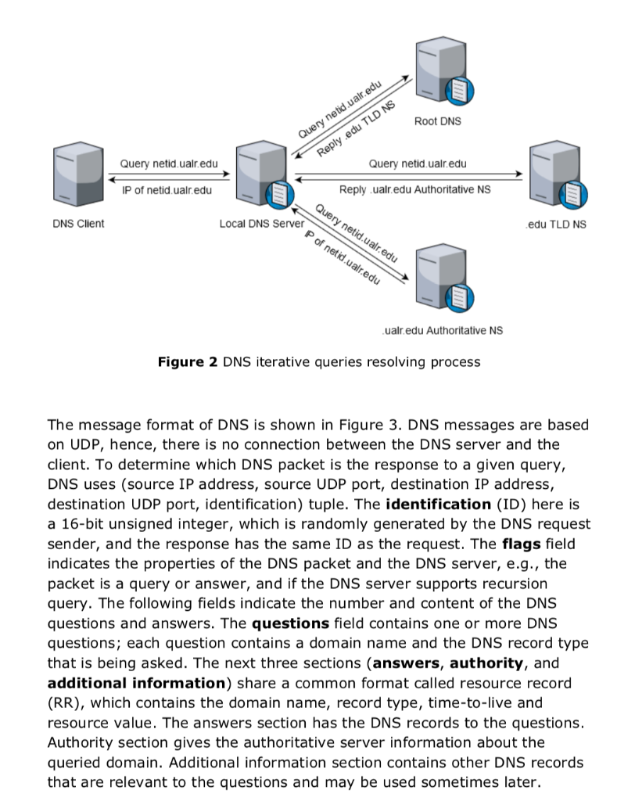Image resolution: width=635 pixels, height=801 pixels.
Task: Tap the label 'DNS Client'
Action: pyautogui.click(x=78, y=224)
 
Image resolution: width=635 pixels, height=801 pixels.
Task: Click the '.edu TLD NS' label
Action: pyautogui.click(x=556, y=224)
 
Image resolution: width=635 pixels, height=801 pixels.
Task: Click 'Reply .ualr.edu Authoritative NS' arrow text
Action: pyautogui.click(x=414, y=189)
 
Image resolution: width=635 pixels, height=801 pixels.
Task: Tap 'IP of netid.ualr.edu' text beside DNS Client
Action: pyautogui.click(x=167, y=189)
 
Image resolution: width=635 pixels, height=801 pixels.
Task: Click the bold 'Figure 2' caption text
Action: pyautogui.click(x=187, y=362)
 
